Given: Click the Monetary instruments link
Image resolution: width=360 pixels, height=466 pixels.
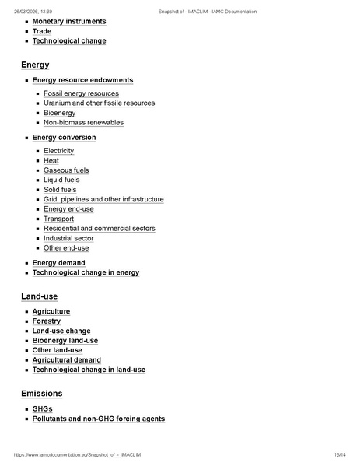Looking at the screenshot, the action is [69, 22].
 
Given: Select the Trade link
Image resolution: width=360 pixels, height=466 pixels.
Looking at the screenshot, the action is [42, 31].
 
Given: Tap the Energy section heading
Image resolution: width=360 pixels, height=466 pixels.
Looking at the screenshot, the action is [35, 65].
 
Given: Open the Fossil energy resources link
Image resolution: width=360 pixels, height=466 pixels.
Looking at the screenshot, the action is [81, 93].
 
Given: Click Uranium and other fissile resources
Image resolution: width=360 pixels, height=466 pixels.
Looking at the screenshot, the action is [99, 103].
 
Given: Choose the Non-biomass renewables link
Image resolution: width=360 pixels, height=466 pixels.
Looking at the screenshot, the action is [83, 122].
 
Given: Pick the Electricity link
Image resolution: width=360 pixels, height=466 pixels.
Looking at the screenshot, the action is [58, 151].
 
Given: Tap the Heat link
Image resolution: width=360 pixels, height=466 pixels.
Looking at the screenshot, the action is [51, 160].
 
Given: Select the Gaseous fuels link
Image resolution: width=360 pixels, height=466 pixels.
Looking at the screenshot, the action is [66, 170].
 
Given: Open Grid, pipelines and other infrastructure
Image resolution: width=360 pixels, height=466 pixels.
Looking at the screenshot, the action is [103, 199].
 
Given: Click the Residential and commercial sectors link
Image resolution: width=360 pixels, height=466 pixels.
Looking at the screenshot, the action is [99, 229].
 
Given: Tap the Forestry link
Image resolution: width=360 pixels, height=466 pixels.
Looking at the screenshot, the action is [46, 321].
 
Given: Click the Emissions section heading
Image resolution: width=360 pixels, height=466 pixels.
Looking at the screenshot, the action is [42, 394].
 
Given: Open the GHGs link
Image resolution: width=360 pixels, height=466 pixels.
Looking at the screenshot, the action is [42, 409].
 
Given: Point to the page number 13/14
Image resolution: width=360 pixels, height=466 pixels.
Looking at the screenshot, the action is [339, 454].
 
